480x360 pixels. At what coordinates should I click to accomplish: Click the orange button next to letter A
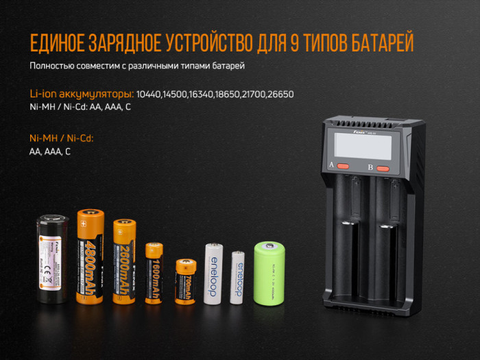[x=344, y=167]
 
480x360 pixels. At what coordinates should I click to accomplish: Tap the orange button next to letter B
[x=383, y=168]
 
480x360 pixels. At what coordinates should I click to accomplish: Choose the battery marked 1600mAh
[x=155, y=273]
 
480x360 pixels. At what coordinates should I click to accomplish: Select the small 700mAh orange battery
[x=185, y=281]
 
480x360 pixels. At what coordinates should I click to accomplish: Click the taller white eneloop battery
[x=212, y=273]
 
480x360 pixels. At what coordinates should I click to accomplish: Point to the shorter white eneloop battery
[x=238, y=276]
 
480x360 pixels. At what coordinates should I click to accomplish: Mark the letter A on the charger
[x=332, y=166]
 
